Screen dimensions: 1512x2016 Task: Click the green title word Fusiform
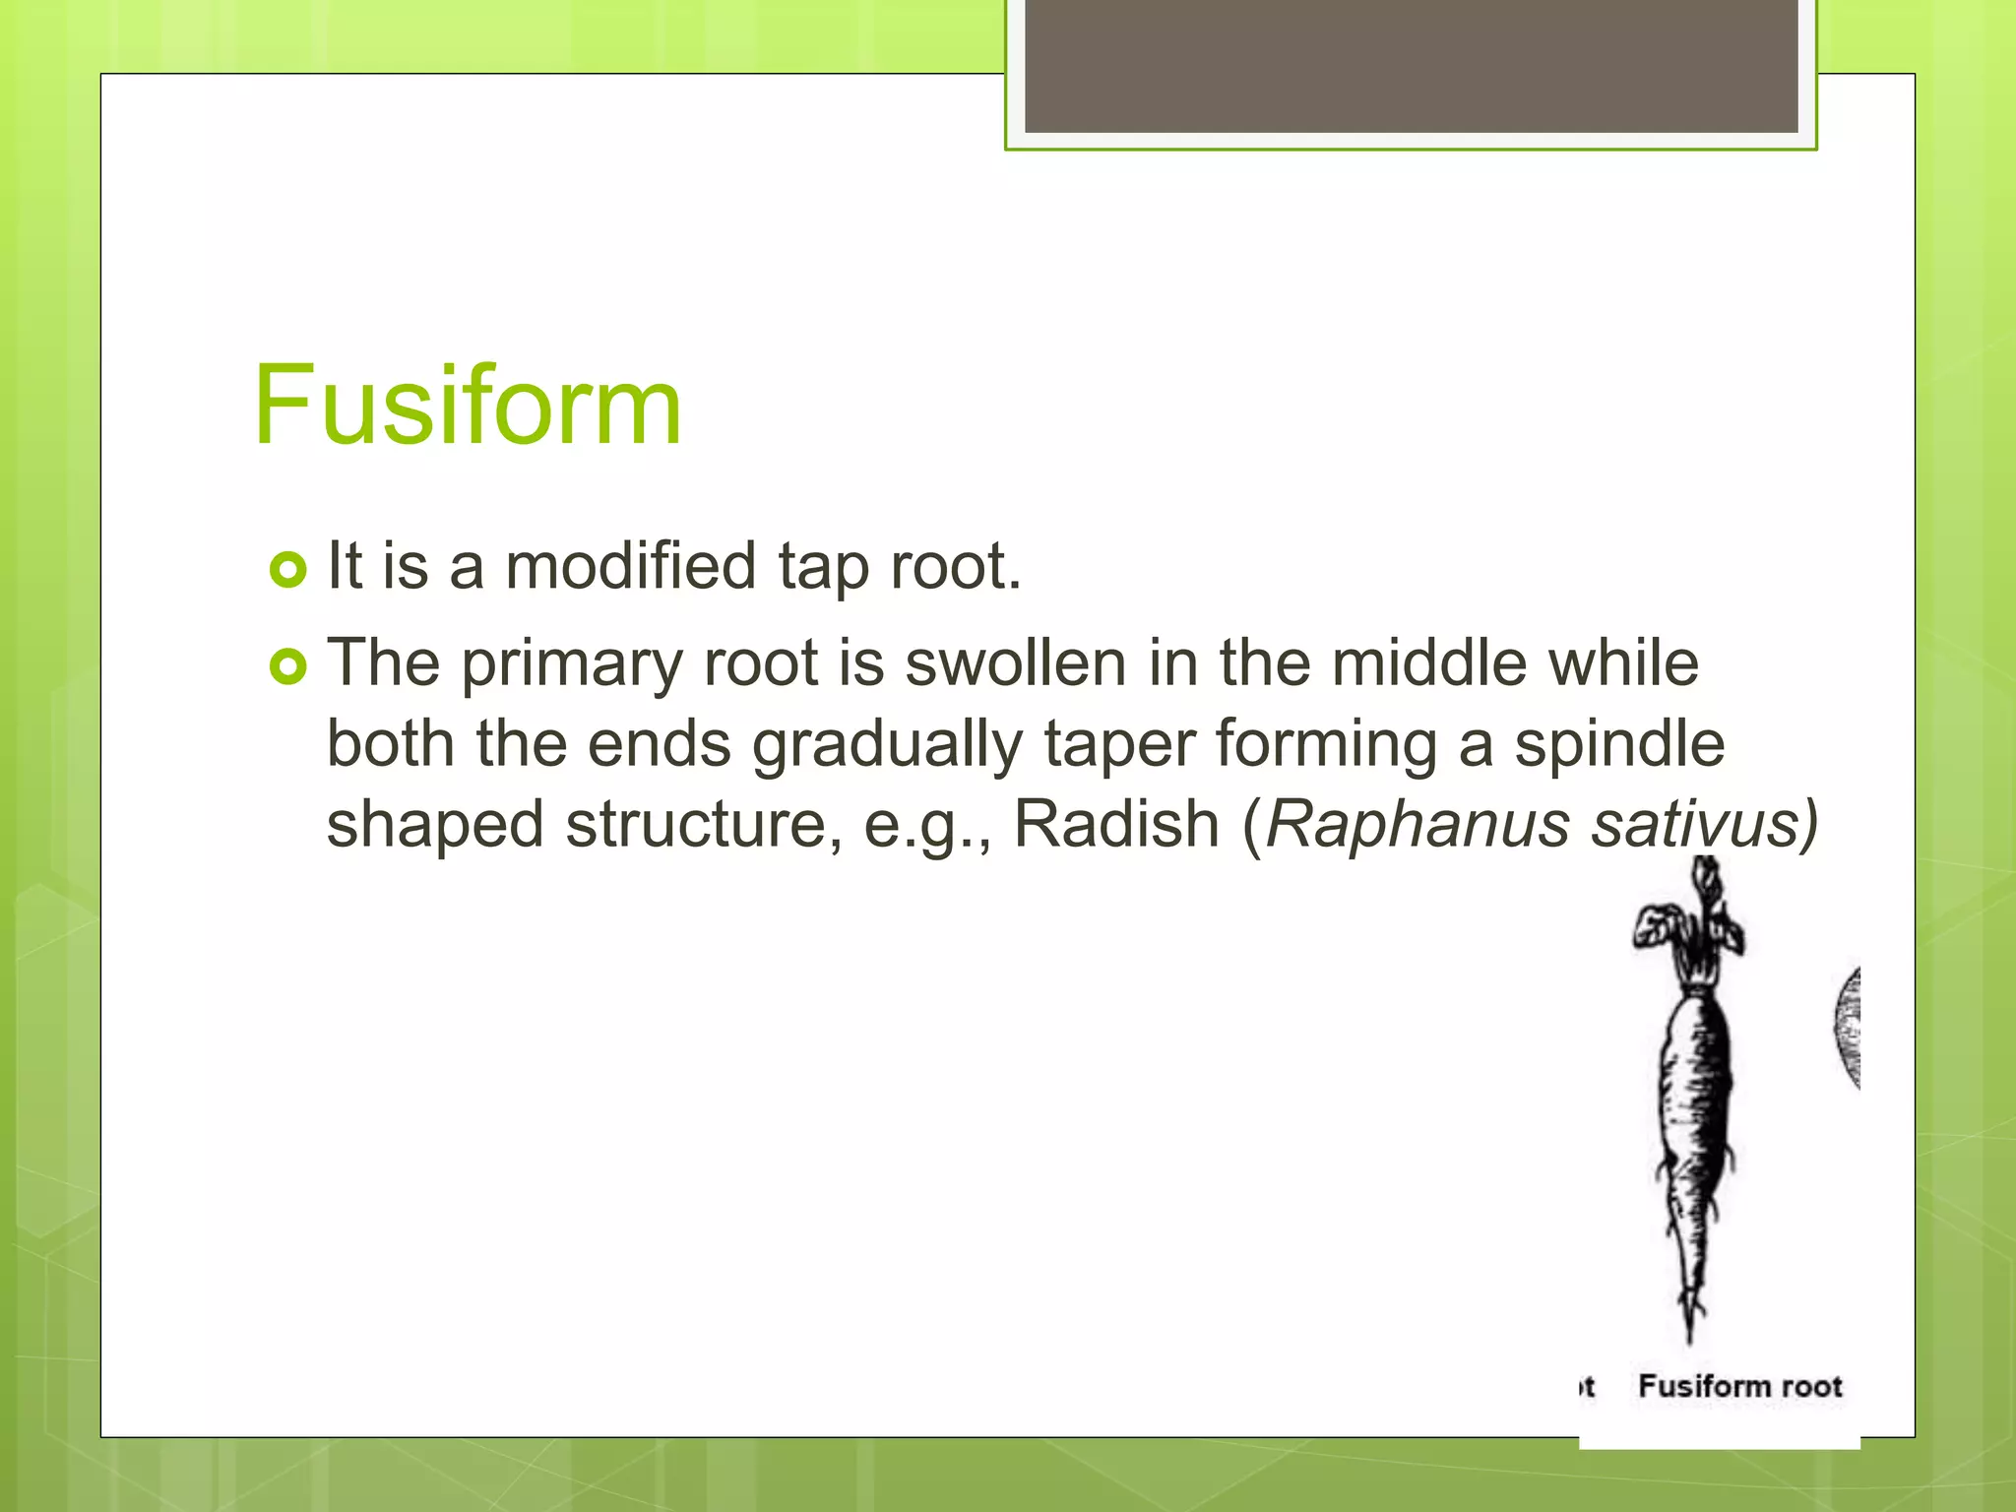467,406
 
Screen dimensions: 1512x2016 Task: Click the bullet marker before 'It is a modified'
288,570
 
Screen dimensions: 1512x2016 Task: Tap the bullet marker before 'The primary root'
288,667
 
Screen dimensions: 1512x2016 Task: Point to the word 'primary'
572,664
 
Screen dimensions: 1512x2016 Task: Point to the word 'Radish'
1116,824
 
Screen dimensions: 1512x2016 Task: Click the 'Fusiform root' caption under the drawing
1739,1386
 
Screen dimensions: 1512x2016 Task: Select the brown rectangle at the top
1411,65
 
